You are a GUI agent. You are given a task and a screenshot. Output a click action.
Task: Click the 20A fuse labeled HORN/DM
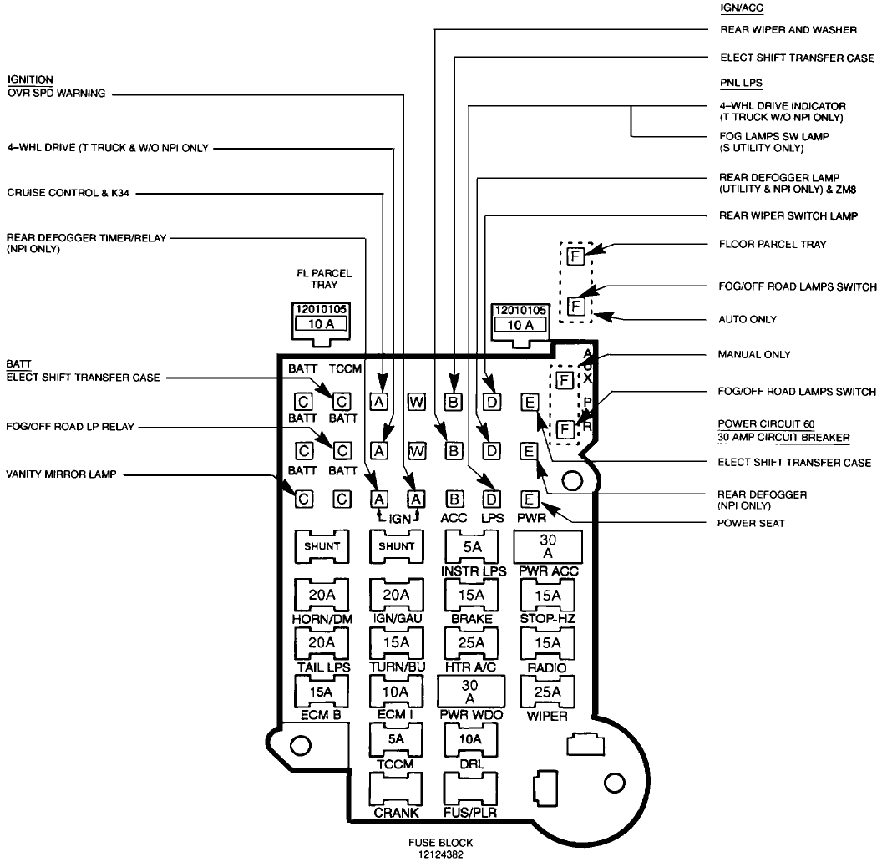(x=322, y=594)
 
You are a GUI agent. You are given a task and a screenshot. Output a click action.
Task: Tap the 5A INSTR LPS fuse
(x=472, y=547)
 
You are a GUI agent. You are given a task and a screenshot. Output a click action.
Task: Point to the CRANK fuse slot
(x=397, y=789)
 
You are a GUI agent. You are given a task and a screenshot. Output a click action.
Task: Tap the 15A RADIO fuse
(x=548, y=642)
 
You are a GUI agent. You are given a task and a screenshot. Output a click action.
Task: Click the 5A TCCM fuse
(x=397, y=739)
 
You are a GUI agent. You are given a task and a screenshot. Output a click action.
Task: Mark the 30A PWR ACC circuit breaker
(x=548, y=547)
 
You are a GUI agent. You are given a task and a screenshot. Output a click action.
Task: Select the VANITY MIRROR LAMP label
(x=62, y=474)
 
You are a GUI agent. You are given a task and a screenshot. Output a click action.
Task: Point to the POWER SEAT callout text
(x=750, y=524)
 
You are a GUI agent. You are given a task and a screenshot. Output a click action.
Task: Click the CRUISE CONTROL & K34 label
(x=68, y=193)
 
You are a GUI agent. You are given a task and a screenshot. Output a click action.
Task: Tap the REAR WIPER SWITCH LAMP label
(x=788, y=215)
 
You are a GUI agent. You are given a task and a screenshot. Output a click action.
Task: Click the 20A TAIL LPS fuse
(x=322, y=642)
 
